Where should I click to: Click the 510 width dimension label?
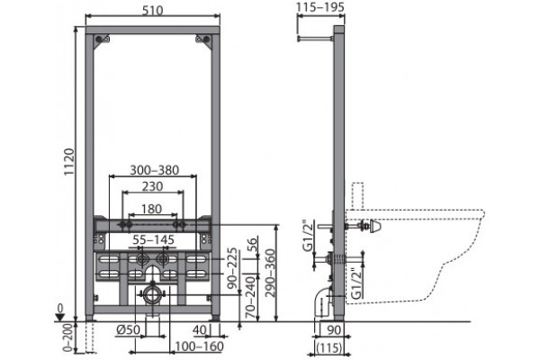coord(152,10)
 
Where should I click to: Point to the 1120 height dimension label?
coord(69,162)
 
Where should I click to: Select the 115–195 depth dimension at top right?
coord(320,7)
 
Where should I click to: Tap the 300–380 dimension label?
coord(154,170)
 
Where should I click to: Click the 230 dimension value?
coord(153,186)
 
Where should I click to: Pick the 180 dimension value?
coord(152,209)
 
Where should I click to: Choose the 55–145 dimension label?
coord(154,239)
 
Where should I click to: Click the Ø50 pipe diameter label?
coord(128,329)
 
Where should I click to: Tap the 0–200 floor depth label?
coord(69,337)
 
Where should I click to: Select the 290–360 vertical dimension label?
coord(270,273)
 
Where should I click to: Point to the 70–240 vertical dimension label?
coord(252,297)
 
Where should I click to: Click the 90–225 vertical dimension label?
coord(232,268)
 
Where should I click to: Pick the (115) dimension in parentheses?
coord(329,347)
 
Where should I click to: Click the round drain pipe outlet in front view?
coord(151,294)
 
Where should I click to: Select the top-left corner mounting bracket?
coord(103,39)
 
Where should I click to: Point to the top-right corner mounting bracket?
coord(202,39)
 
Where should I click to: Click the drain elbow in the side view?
coord(323,302)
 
